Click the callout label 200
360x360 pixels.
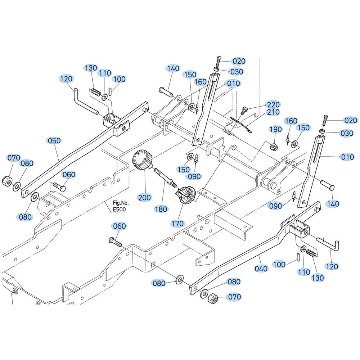tap(144, 197)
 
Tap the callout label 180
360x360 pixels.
tap(161, 209)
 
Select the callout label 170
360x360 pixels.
tap(178, 224)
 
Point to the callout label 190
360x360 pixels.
tap(275, 129)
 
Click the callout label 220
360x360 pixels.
tap(273, 104)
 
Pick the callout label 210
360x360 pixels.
tap(273, 112)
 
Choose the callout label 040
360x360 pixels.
tap(261, 269)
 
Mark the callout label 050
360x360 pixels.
tap(54, 140)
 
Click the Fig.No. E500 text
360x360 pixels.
tap(121, 206)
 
